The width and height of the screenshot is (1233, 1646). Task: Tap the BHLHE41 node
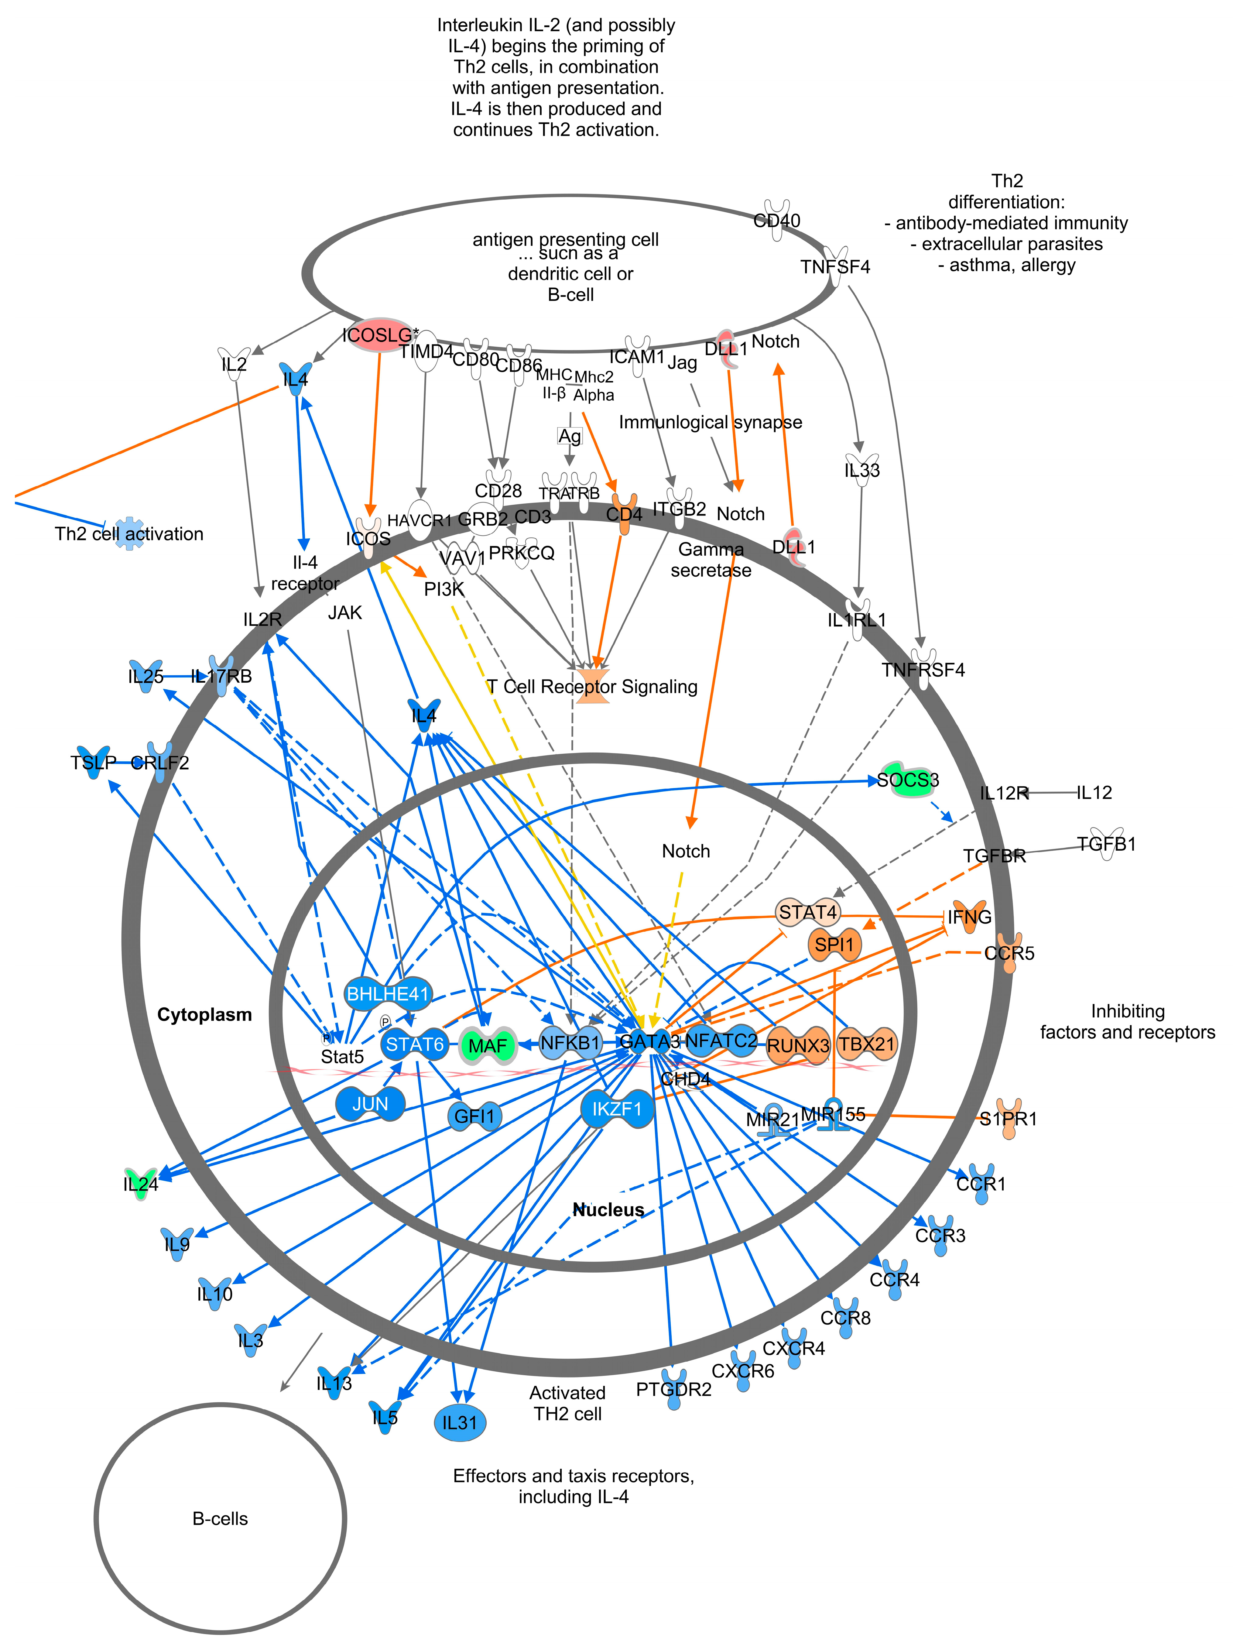pyautogui.click(x=389, y=993)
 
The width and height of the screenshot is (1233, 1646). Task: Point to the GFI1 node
pyautogui.click(x=474, y=1116)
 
